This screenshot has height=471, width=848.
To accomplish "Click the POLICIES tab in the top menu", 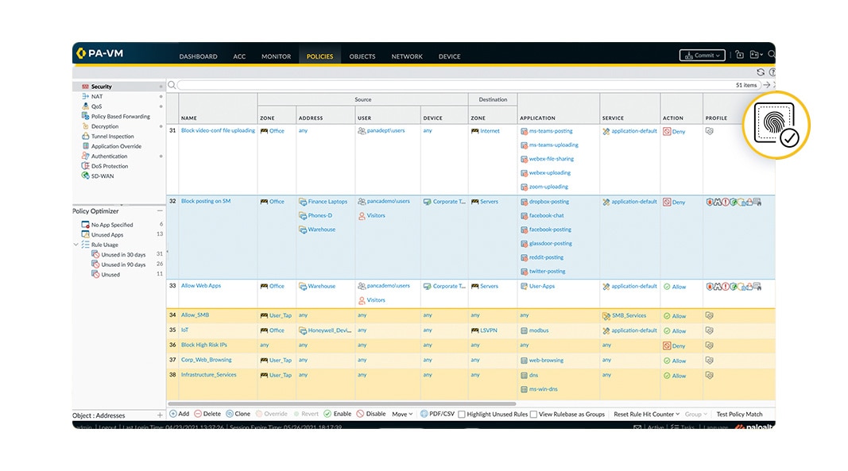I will (x=319, y=56).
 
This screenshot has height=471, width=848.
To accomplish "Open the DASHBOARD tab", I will (x=198, y=56).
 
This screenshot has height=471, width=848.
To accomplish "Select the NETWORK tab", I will (x=407, y=56).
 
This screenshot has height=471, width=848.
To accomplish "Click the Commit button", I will (x=702, y=56).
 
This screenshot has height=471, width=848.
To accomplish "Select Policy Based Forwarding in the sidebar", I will (x=120, y=116).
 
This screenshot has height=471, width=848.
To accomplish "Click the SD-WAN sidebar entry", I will (x=103, y=176).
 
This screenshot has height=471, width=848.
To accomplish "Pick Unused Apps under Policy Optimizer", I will (x=106, y=234).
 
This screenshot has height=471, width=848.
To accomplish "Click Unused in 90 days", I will (x=123, y=264).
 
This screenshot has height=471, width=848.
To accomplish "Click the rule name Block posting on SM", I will (x=206, y=202).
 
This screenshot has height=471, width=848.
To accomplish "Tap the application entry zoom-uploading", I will (x=548, y=187).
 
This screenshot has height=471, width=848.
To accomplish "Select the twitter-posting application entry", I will (x=546, y=272).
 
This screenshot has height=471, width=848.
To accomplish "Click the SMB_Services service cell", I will (x=629, y=315).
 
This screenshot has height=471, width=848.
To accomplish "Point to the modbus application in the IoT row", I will (x=539, y=330).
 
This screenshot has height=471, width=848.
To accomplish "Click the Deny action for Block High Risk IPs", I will (x=678, y=346).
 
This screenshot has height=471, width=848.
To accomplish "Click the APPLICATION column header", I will (x=537, y=118).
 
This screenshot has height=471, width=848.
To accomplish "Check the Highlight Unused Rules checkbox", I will (x=462, y=415).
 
